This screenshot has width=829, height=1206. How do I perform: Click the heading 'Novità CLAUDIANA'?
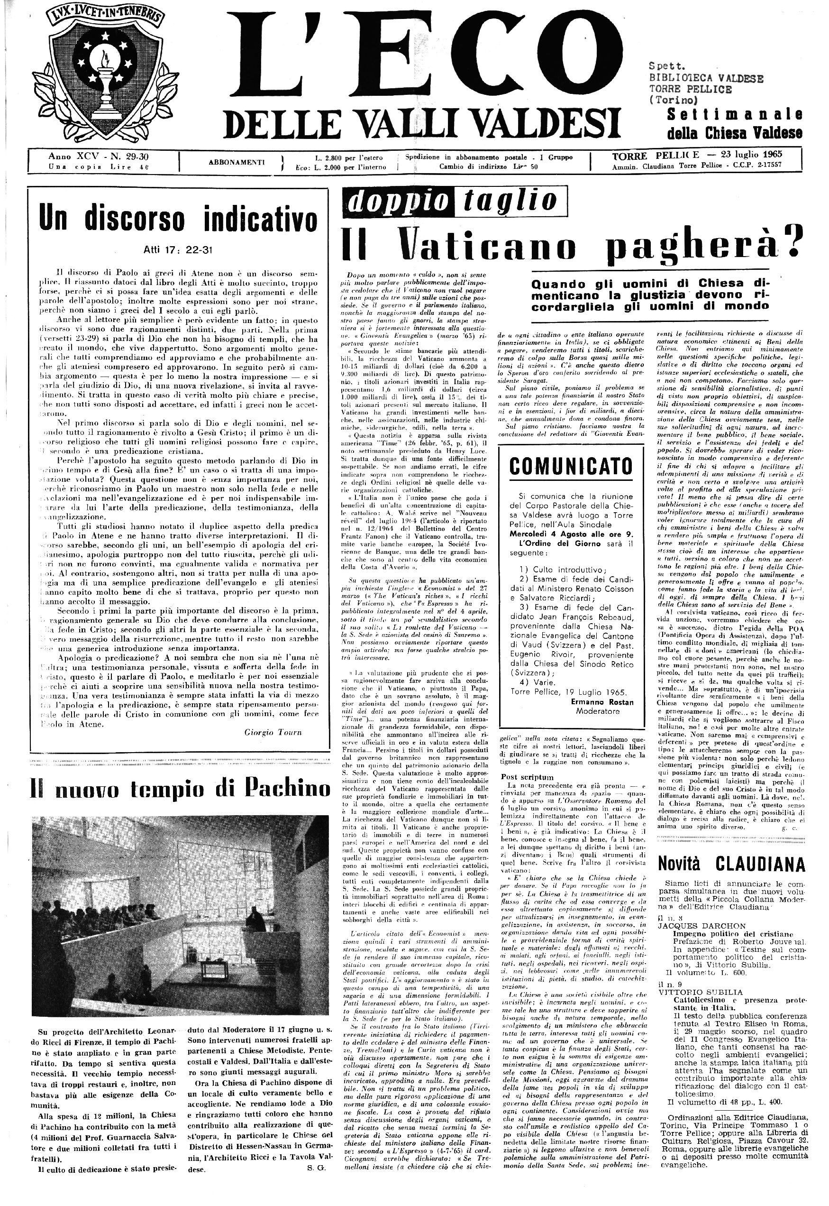click(x=731, y=863)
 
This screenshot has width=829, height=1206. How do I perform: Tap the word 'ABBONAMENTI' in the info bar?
click(x=237, y=162)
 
